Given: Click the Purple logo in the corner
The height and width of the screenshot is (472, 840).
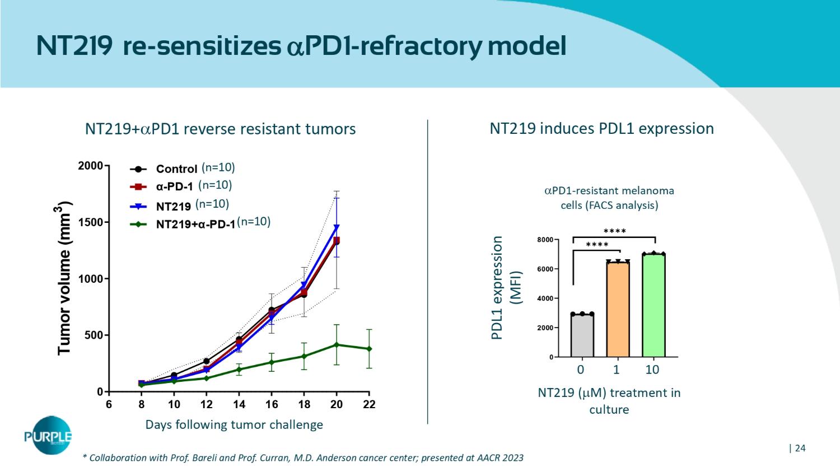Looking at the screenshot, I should pos(48,436).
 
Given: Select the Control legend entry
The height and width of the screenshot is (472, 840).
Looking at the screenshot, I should pos(176,169).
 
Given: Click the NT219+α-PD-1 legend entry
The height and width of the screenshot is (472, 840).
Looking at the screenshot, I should pos(195,225).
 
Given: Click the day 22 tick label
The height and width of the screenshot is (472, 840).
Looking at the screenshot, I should pos(368,405).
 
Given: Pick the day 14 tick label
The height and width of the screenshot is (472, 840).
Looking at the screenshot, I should pos(239,405).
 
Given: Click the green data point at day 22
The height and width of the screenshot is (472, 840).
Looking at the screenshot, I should pos(369,349).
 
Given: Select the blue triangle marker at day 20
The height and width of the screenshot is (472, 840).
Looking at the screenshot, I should pos(337,227).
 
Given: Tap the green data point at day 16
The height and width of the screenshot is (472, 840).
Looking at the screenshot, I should pos(272,362).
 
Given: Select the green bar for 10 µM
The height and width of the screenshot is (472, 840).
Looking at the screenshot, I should pos(654,305).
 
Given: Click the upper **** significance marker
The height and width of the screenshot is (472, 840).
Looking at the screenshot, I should pos(614,231).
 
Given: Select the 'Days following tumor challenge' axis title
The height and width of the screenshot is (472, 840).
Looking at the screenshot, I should pos(234,424).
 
